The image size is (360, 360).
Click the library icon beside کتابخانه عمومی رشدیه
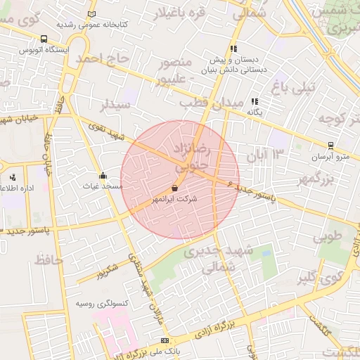[x=92, y=14]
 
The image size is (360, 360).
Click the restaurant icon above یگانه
[x=254, y=101]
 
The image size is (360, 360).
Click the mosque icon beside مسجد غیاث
[x=104, y=175]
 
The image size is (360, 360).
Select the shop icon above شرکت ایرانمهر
[x=174, y=188]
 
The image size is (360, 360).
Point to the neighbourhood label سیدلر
[x=115, y=105]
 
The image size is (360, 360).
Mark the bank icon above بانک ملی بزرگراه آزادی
[x=165, y=340]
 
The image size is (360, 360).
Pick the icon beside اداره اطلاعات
[x=12, y=177]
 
